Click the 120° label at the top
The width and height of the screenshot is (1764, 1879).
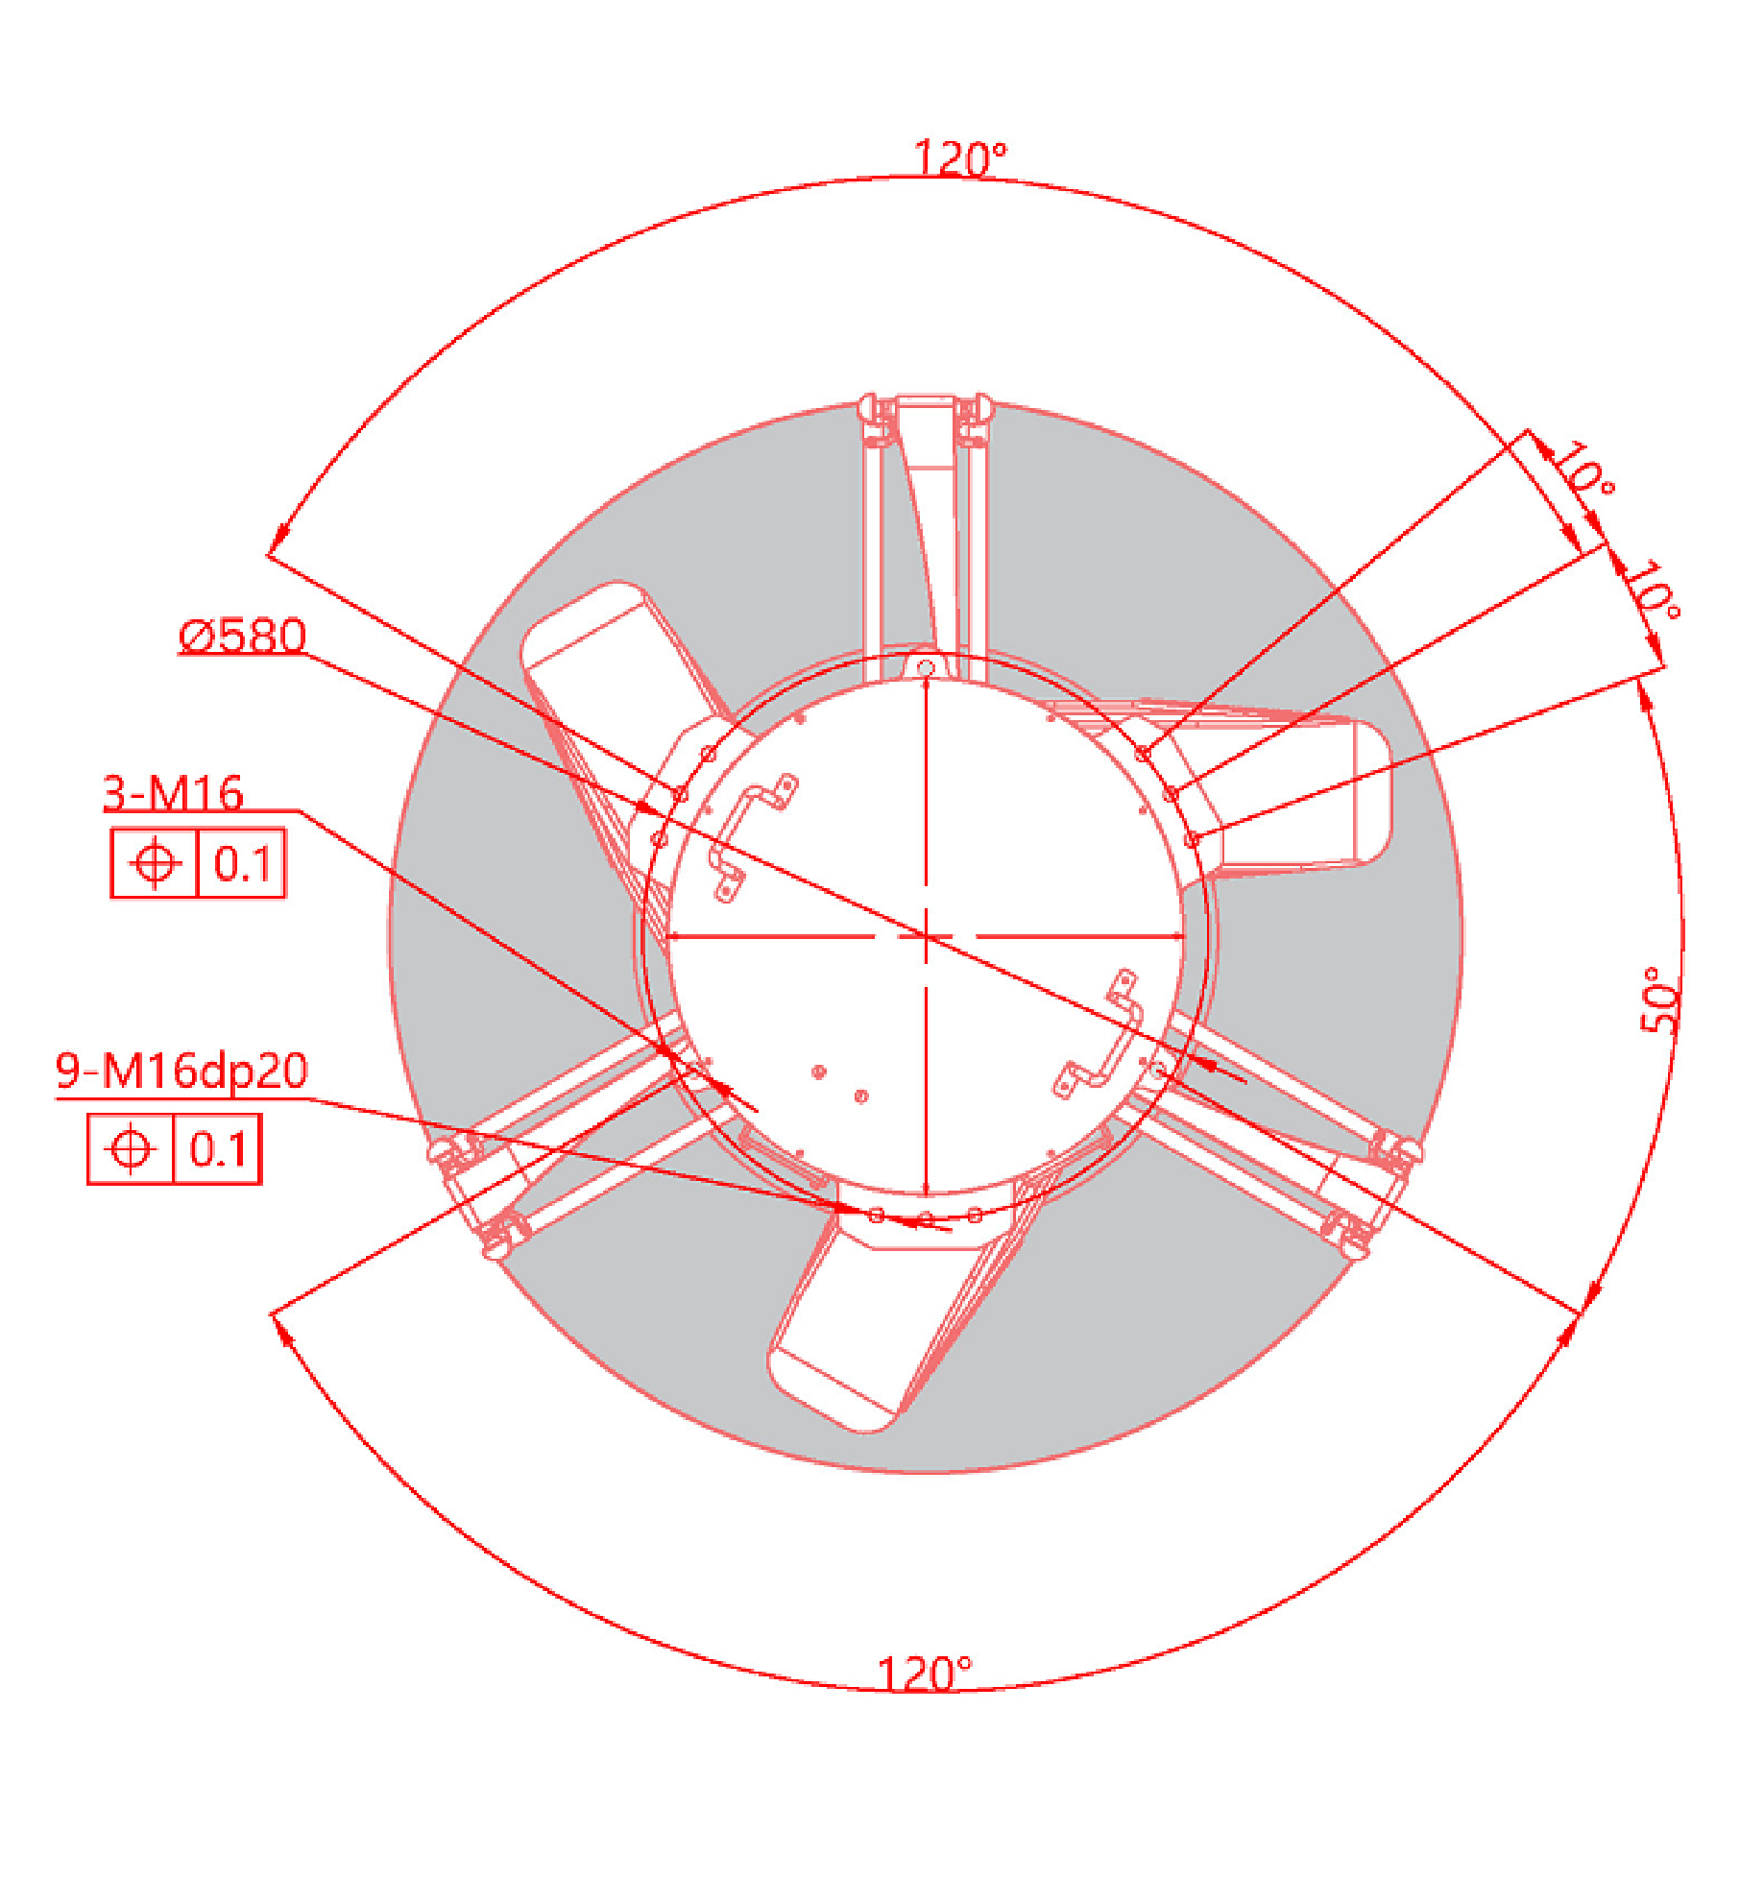[959, 158]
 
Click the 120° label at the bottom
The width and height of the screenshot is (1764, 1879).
[924, 1674]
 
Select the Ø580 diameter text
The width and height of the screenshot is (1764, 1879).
[243, 636]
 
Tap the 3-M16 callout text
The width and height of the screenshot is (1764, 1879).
[173, 793]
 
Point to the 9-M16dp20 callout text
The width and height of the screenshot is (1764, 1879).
[181, 1071]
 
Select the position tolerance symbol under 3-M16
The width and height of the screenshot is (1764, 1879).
[155, 862]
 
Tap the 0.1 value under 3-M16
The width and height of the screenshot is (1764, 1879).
[242, 863]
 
